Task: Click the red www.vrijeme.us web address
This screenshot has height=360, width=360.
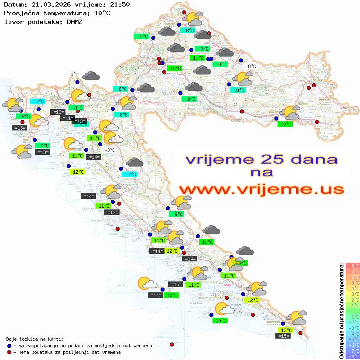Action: click(x=261, y=189)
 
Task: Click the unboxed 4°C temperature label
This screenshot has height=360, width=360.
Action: click(x=74, y=75)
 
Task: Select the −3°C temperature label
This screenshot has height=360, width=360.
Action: click(x=110, y=150)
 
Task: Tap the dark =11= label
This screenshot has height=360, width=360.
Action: click(x=67, y=118)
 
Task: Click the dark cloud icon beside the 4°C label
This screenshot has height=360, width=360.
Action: click(x=91, y=76)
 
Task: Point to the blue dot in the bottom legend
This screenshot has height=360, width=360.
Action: click(x=9, y=346)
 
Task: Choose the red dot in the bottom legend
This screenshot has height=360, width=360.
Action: click(x=9, y=352)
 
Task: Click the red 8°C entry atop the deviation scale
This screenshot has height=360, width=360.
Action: click(x=353, y=265)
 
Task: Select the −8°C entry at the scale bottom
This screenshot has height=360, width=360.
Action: click(x=353, y=356)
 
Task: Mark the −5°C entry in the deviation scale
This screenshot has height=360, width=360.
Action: click(x=353, y=339)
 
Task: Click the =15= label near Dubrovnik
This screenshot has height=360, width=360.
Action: click(x=284, y=336)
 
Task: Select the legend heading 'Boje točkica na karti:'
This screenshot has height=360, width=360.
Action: click(x=35, y=339)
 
